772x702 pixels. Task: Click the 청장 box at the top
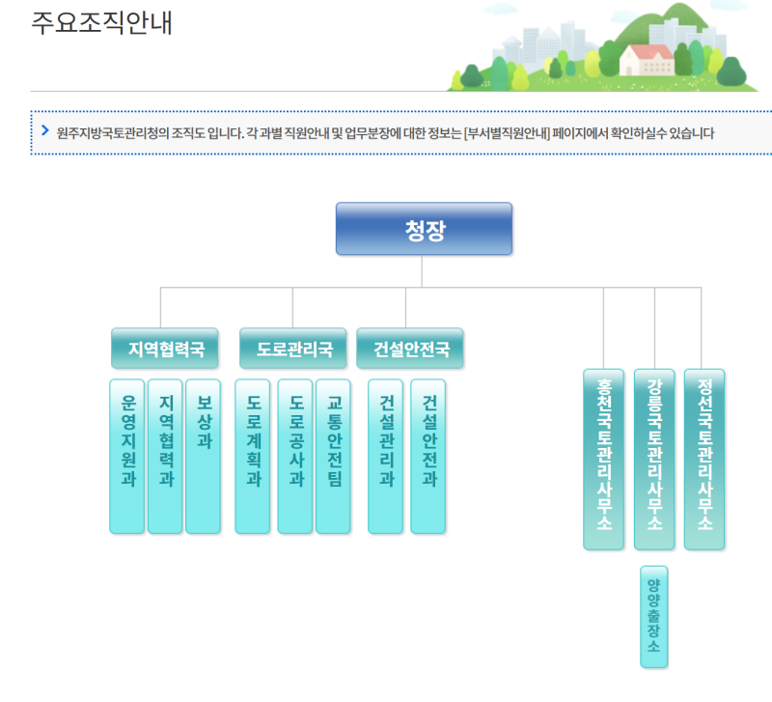(424, 229)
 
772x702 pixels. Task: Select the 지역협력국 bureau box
(160, 350)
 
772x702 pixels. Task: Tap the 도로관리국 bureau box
(292, 350)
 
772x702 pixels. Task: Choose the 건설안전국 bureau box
(410, 350)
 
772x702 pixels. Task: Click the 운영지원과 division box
(127, 455)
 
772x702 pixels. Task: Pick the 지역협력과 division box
(165, 455)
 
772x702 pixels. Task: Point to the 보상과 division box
(203, 455)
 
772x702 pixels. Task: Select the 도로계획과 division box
(253, 455)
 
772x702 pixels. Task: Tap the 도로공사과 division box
(295, 455)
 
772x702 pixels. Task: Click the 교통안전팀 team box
(333, 455)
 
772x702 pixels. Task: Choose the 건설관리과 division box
(386, 455)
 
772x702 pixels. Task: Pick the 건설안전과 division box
(428, 455)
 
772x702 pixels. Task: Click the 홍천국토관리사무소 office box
(603, 459)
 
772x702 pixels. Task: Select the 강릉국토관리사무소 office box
(654, 459)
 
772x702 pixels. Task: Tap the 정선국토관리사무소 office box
(703, 459)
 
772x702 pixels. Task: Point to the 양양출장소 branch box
(653, 616)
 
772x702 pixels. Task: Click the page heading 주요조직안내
(101, 23)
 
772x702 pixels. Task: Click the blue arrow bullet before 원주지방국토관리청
(44, 130)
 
